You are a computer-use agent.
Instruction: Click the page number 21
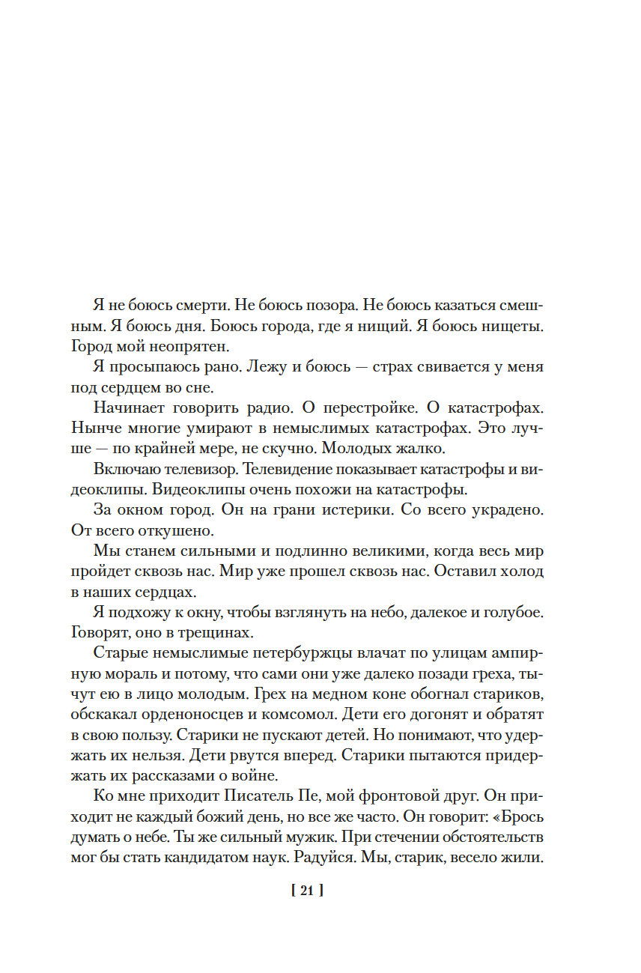coord(306,891)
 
